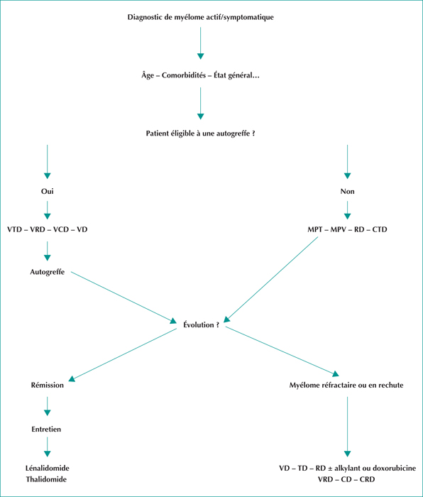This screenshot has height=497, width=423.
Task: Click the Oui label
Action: coord(48,191)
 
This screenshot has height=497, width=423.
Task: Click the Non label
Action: coord(347,191)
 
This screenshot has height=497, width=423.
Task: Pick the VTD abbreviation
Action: coord(14,229)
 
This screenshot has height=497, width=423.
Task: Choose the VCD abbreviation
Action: coord(61,229)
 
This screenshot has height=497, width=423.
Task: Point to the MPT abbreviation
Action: coord(314,229)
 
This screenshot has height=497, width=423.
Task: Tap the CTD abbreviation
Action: coord(380,229)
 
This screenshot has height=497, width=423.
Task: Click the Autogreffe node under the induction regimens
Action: coord(48,272)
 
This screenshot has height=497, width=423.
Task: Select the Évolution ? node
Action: coord(201,325)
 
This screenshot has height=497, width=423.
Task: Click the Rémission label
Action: coord(48,385)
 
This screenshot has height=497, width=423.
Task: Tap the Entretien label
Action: coord(46,429)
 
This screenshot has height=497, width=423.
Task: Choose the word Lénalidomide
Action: coord(48,468)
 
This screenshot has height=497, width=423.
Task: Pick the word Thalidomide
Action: coord(46,479)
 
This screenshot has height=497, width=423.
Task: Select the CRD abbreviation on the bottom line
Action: coord(367,479)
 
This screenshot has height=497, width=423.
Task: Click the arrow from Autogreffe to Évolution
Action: coord(123,297)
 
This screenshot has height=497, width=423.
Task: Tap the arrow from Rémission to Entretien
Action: coord(48,406)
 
